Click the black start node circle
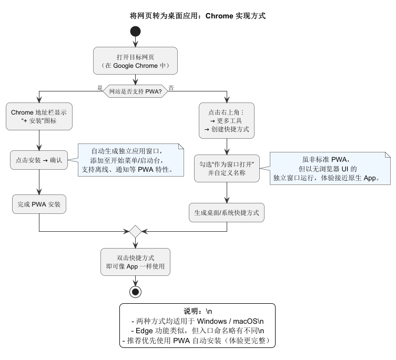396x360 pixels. pyautogui.click(x=135, y=31)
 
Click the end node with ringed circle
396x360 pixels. pyautogui.click(x=135, y=291)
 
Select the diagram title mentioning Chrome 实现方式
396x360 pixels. pyautogui.click(x=197, y=16)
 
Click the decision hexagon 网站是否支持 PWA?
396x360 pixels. pyautogui.click(x=135, y=91)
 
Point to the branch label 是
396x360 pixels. pyautogui.click(x=100, y=88)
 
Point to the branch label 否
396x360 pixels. pyautogui.click(x=171, y=88)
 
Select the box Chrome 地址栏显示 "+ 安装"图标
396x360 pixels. pyautogui.click(x=39, y=116)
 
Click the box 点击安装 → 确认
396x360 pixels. pyautogui.click(x=39, y=160)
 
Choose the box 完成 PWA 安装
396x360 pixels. pyautogui.click(x=39, y=204)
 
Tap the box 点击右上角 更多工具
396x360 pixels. pyautogui.click(x=227, y=120)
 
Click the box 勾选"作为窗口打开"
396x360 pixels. pyautogui.click(x=227, y=168)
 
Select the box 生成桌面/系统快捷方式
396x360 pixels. pyautogui.click(x=227, y=212)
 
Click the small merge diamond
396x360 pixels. pyautogui.click(x=135, y=231)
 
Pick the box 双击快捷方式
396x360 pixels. pyautogui.click(x=135, y=262)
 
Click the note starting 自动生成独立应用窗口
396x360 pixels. pyautogui.click(x=131, y=160)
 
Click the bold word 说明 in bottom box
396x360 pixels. pyautogui.click(x=192, y=311)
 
